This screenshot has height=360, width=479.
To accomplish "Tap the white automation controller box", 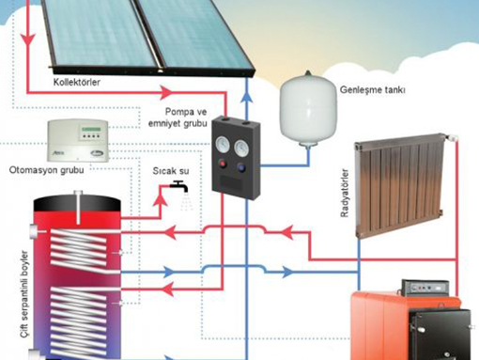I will [x=78, y=141].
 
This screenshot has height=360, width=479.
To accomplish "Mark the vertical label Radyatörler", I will [x=344, y=196].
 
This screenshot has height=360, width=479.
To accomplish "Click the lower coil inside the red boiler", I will [x=80, y=315].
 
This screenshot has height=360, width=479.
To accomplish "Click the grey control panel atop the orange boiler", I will [x=425, y=287].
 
